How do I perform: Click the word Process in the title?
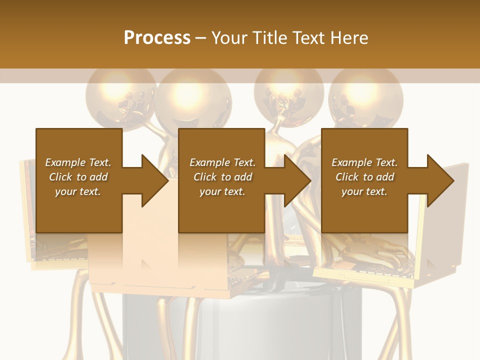point(157,38)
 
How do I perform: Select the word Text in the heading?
point(309,38)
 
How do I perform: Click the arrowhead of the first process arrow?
point(155,180)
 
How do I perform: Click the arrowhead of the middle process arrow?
point(298,180)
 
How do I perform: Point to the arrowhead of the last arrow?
point(441,180)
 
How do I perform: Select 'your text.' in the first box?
point(78,191)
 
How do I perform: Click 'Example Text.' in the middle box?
point(222,162)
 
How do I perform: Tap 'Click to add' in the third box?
point(365,177)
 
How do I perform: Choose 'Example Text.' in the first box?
point(78,162)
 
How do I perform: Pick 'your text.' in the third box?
point(364,191)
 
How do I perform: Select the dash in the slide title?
point(201,38)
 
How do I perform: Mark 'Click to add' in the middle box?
point(222,177)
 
